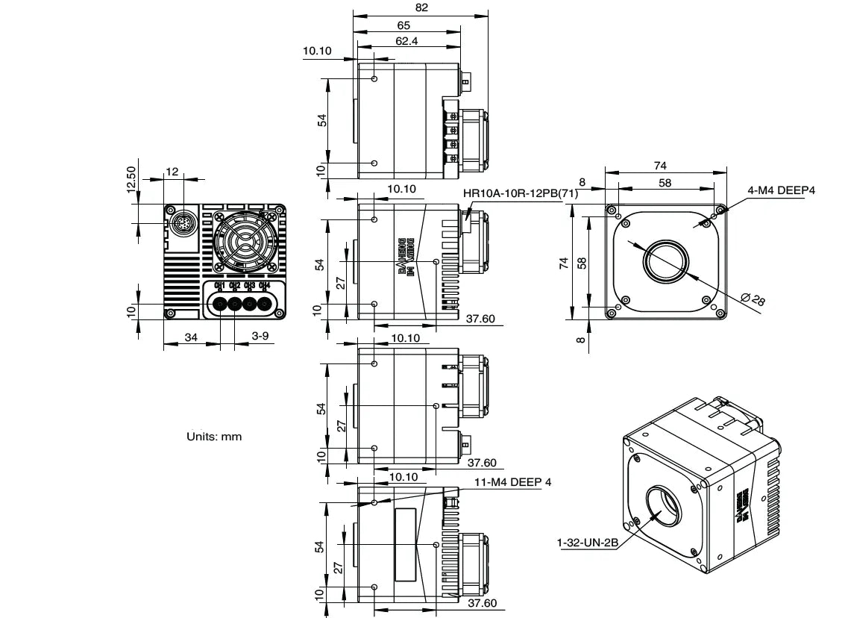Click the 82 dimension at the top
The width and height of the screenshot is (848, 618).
coord(421,7)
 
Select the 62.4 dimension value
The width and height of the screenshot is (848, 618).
coord(406,41)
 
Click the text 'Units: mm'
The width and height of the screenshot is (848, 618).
coord(214,436)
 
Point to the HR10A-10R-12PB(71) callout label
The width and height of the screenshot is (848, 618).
coord(521,193)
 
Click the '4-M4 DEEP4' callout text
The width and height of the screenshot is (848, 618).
coord(781,190)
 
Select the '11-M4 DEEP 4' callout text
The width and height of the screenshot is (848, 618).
coord(513,482)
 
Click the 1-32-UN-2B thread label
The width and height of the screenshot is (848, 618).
coord(588,543)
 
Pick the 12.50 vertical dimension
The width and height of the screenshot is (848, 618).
coord(132,180)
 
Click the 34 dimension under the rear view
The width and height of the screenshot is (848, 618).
coord(191,337)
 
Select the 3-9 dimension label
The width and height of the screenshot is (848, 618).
coord(260,337)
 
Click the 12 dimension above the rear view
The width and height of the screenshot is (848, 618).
coord(172,172)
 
